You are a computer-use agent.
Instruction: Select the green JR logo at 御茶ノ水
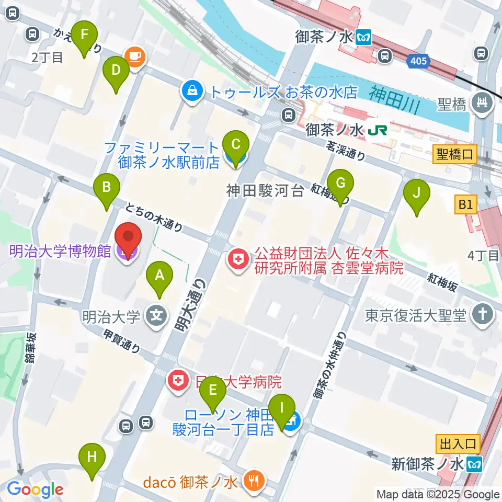374,130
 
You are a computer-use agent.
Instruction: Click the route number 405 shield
418,62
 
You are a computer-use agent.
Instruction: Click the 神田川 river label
394,95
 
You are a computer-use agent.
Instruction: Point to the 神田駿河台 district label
265,191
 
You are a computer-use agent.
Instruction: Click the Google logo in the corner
35,489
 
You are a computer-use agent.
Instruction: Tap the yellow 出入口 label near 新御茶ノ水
458,444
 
